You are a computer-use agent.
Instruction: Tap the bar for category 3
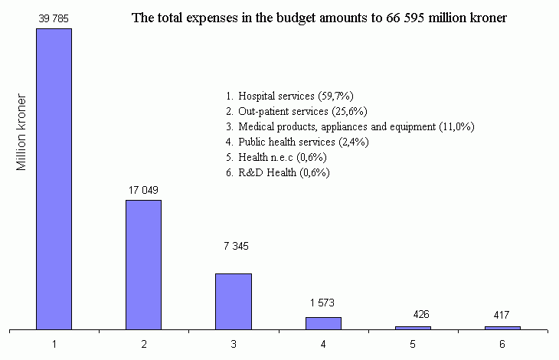click(x=233, y=301)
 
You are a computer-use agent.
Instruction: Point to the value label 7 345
click(x=233, y=246)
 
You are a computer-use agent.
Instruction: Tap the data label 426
click(x=412, y=314)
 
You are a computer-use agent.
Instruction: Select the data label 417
click(x=502, y=314)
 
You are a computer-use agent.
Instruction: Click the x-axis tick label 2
click(x=144, y=345)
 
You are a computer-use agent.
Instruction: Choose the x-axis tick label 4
click(x=323, y=345)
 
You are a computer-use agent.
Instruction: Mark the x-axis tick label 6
click(x=502, y=345)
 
